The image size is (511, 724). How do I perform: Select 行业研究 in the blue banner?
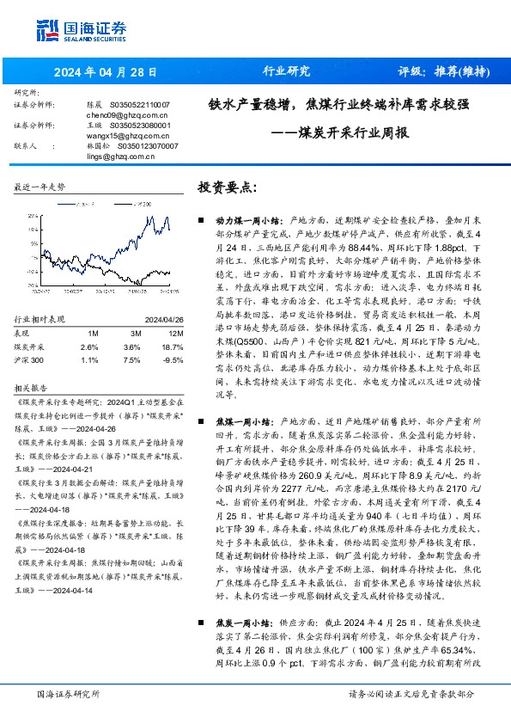coord(285,71)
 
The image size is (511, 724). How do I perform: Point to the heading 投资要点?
coord(228,187)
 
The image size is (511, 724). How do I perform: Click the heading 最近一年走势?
coord(41,187)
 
